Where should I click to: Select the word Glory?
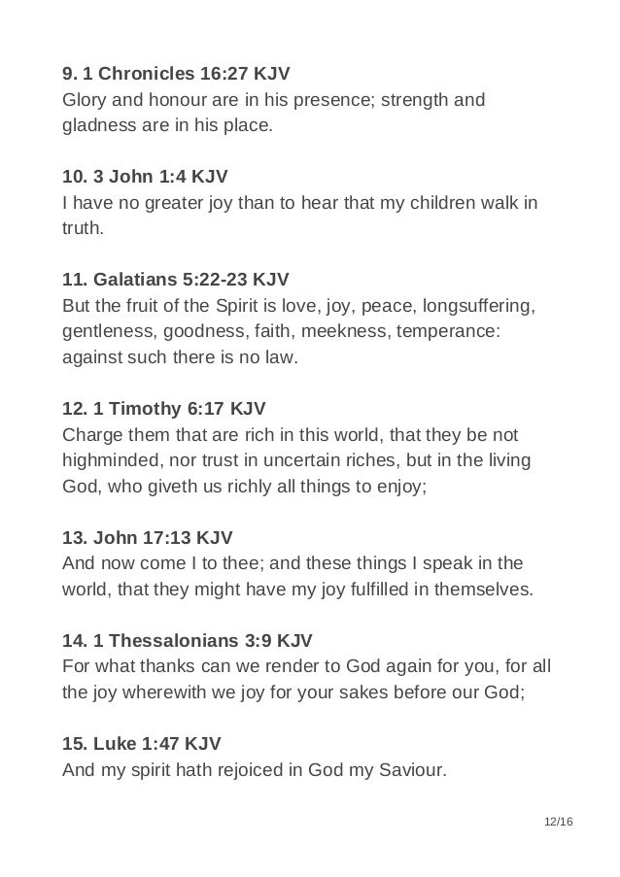coord(85,100)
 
